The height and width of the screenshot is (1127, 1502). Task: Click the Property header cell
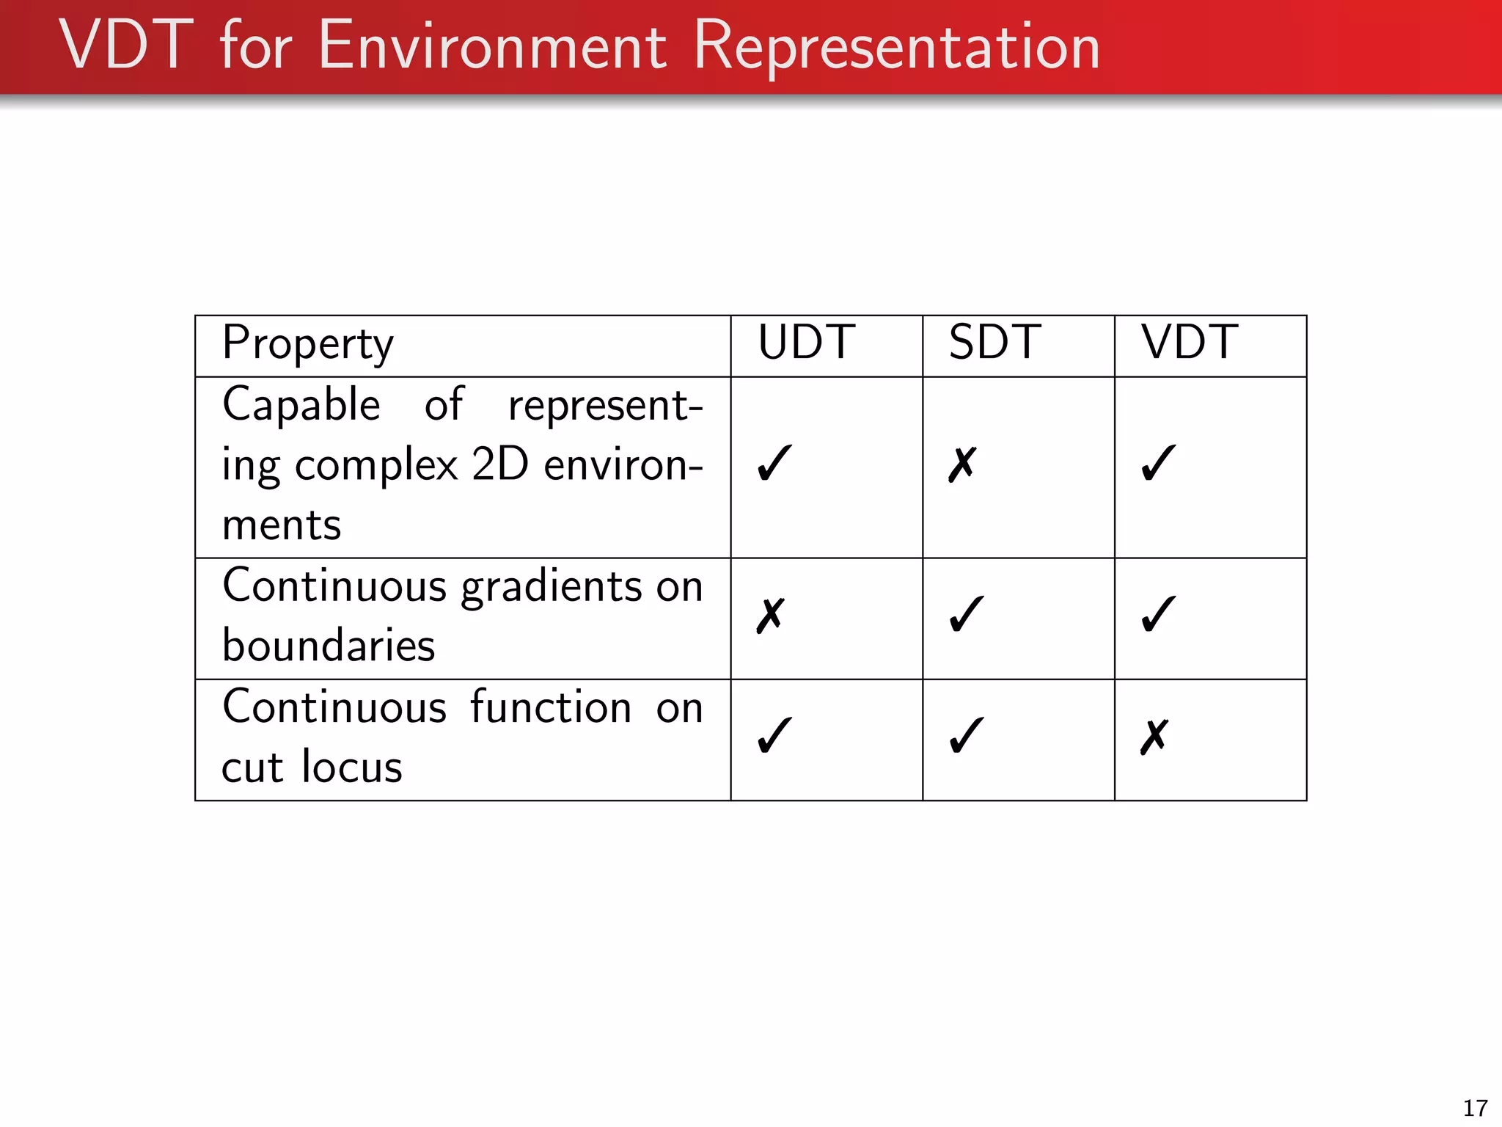coord(308,343)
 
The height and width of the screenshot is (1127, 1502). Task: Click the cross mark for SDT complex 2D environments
coord(962,464)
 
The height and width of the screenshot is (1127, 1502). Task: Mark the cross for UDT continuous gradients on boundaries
coord(771,616)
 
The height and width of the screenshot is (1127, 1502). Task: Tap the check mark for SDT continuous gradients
coord(966,614)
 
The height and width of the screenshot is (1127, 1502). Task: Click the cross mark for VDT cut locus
coord(1154,737)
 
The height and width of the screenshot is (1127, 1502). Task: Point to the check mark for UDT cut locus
coord(774,735)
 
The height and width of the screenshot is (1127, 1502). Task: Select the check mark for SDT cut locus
coord(966,735)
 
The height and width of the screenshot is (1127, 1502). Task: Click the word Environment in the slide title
coord(492,47)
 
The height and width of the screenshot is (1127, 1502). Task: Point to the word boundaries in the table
coord(329,646)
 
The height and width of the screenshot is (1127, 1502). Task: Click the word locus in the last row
coord(352,767)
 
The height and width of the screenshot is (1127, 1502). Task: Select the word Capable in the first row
coord(301,406)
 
